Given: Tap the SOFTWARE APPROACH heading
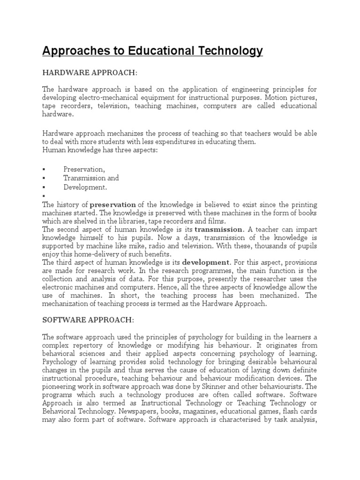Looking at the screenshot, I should click(x=88, y=320).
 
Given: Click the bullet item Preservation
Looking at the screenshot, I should click(x=84, y=169).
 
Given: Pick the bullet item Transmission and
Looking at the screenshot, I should click(x=91, y=178).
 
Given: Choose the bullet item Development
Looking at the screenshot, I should click(x=85, y=187).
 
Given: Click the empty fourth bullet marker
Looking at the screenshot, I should click(x=44, y=196).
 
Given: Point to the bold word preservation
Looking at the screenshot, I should click(x=113, y=205).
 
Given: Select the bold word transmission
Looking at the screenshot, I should click(x=219, y=229).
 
